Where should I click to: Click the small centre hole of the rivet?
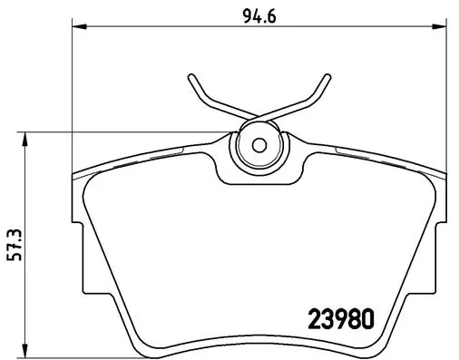(258, 145)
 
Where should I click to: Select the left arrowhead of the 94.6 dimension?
(75, 29)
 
